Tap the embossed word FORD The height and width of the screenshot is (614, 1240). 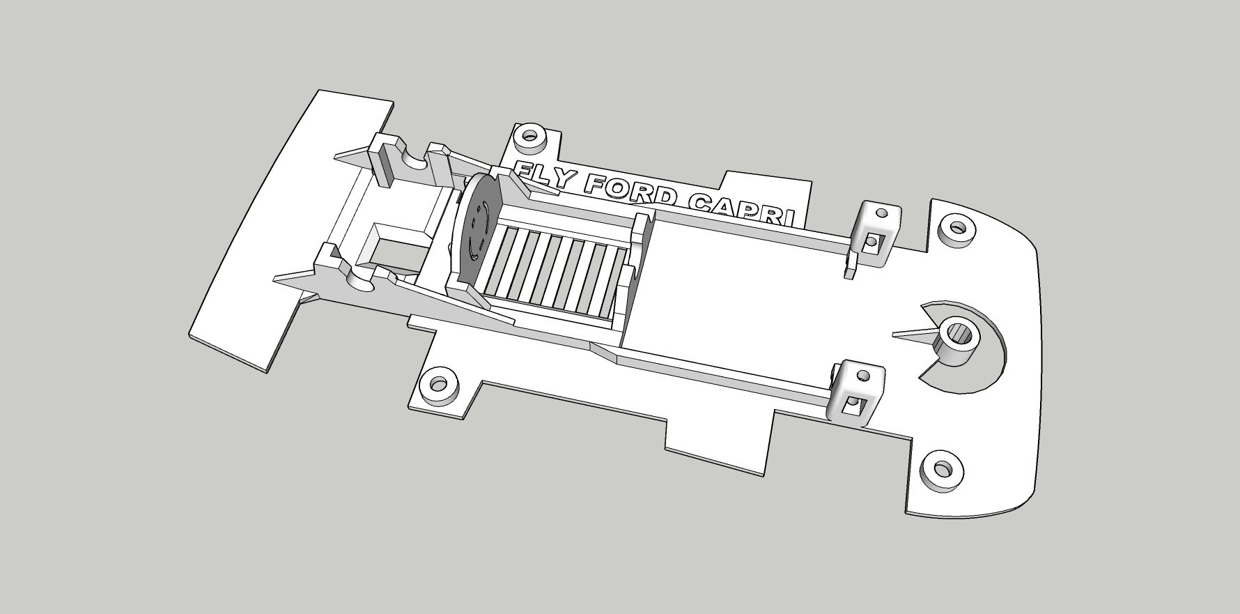(x=628, y=192)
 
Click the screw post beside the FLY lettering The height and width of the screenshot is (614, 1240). (x=530, y=137)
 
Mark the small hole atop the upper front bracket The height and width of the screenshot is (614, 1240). (x=881, y=212)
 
